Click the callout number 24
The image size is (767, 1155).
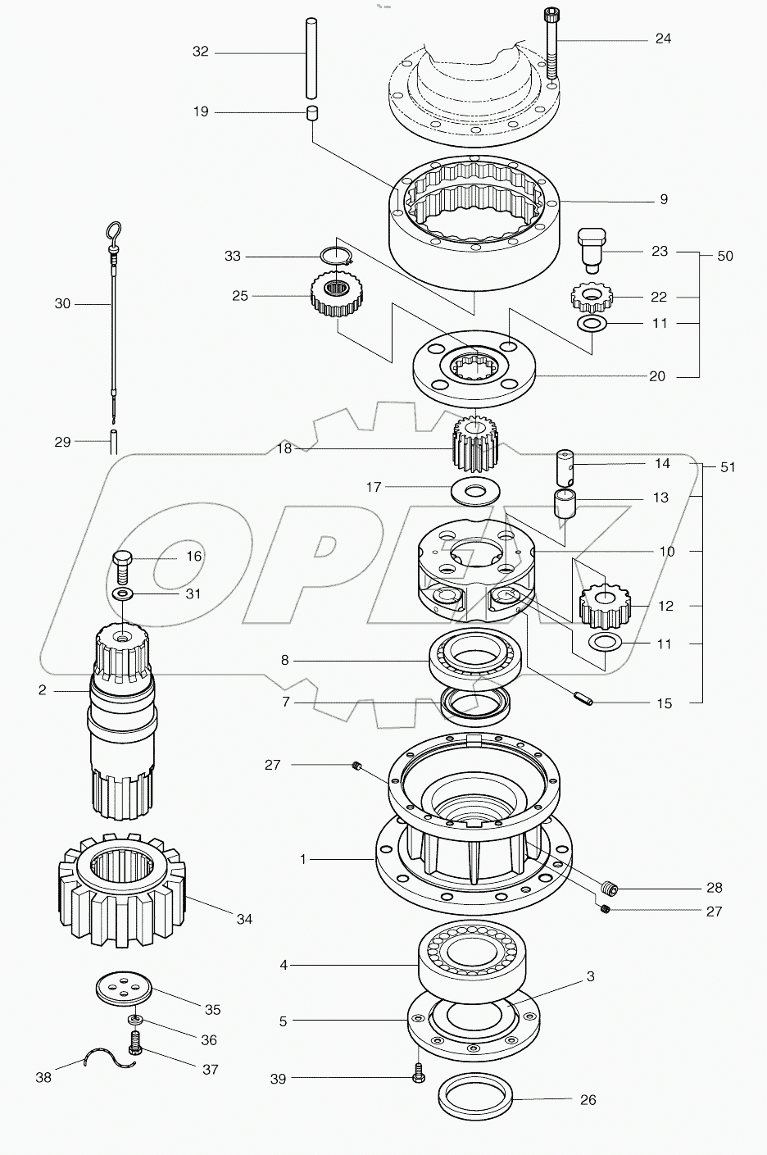pyautogui.click(x=662, y=39)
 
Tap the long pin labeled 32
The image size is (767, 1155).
pyautogui.click(x=311, y=52)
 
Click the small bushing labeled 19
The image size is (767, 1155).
pyautogui.click(x=311, y=112)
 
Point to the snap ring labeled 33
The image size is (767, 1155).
pyautogui.click(x=336, y=256)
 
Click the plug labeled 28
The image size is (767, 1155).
pyautogui.click(x=607, y=889)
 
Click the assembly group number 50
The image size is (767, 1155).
pyautogui.click(x=725, y=256)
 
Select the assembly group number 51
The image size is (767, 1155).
pyautogui.click(x=726, y=467)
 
